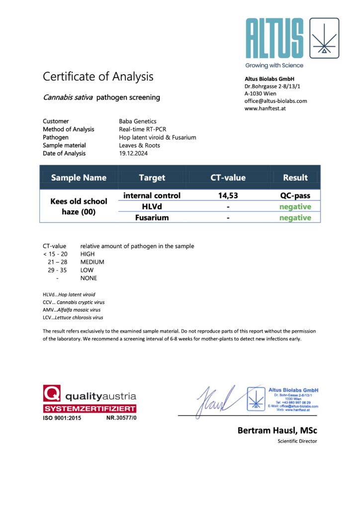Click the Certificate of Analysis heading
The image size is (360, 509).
tap(98, 77)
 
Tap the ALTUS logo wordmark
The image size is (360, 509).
tap(274, 39)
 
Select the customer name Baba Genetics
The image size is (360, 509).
tap(138, 121)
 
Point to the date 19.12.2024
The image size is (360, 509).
tap(133, 153)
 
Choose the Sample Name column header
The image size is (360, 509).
tap(79, 177)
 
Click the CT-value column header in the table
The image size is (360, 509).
tap(228, 177)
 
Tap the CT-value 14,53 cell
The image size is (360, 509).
tap(228, 196)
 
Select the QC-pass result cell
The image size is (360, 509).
tap(295, 196)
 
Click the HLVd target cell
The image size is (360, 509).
tap(152, 207)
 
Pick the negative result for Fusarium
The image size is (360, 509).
tap(295, 218)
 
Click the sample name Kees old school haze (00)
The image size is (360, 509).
tap(79, 206)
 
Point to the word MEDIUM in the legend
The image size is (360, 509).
tap(92, 262)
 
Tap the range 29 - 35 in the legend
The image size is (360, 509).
tap(55, 270)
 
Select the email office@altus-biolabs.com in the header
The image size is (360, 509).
tap(275, 101)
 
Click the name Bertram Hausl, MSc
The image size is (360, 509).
tap(277, 430)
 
